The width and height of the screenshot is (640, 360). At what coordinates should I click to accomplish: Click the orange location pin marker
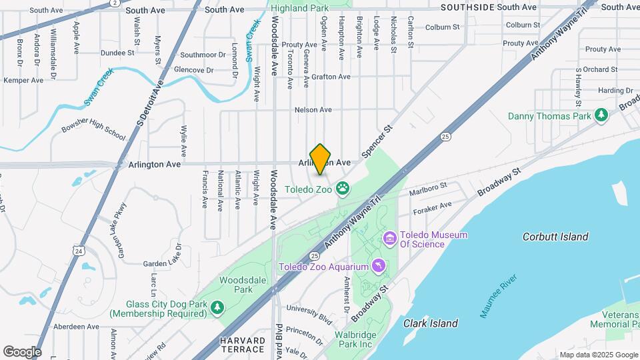[x=321, y=159]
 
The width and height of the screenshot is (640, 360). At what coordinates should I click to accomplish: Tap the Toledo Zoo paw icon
[x=343, y=189]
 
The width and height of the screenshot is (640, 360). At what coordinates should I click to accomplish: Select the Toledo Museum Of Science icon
[x=389, y=238]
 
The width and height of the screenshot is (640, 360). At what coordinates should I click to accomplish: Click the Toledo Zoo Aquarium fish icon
[x=379, y=267]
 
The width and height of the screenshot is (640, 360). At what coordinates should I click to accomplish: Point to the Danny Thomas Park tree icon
[x=602, y=115]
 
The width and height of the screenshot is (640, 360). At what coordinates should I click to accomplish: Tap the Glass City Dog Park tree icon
[x=217, y=307]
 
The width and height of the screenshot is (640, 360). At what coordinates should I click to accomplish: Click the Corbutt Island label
[x=555, y=237]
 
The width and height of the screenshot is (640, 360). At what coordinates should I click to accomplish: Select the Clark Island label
[x=431, y=323]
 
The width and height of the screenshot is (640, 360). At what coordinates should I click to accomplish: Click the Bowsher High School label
[x=93, y=128]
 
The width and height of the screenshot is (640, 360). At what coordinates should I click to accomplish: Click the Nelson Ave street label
[x=313, y=110]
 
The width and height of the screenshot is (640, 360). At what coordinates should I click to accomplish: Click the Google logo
[x=22, y=351]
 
